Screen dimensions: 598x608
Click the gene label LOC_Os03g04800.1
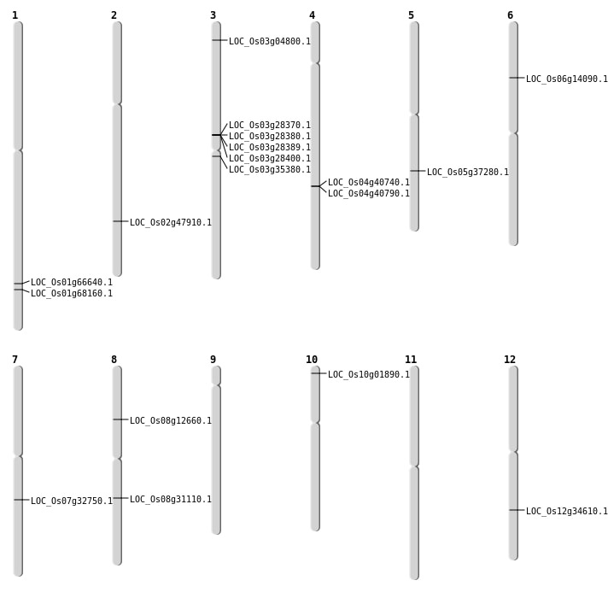click(x=269, y=41)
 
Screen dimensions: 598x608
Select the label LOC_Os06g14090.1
click(x=566, y=79)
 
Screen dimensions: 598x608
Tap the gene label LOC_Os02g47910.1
click(x=170, y=222)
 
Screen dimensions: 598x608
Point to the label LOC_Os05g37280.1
click(x=467, y=172)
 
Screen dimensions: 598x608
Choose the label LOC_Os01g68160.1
click(x=71, y=293)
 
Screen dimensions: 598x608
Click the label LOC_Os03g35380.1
click(x=269, y=169)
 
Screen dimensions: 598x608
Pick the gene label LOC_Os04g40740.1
click(x=368, y=182)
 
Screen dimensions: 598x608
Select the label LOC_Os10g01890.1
click(x=368, y=374)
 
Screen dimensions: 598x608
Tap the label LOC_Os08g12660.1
click(x=170, y=420)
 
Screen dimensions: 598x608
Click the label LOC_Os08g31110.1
click(x=170, y=499)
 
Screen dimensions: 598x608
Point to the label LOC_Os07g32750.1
click(x=71, y=501)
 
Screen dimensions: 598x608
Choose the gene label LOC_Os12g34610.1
click(x=566, y=511)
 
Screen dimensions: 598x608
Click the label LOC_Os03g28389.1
click(x=269, y=147)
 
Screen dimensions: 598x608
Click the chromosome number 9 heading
click(x=213, y=360)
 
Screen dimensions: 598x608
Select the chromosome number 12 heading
click(x=510, y=360)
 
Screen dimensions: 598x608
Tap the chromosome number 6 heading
click(x=510, y=15)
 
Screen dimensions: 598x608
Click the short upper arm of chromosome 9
click(x=216, y=375)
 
